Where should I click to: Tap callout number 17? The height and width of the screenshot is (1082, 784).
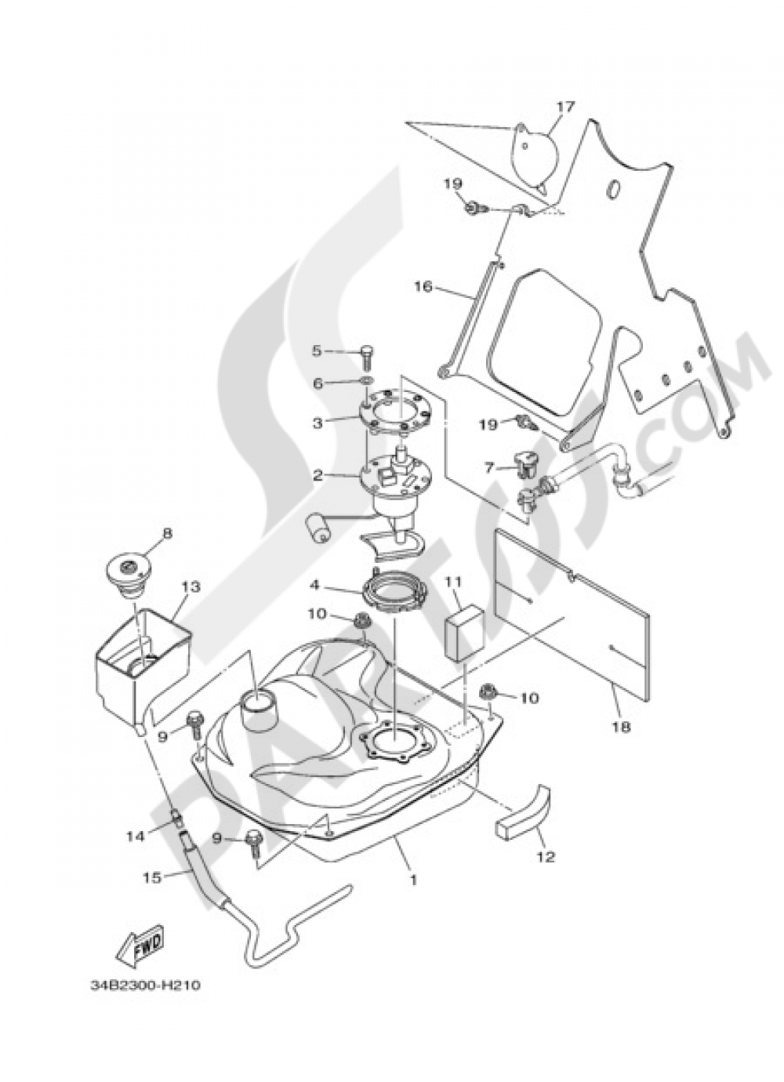566,107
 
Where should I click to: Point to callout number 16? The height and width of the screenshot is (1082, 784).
423,288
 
